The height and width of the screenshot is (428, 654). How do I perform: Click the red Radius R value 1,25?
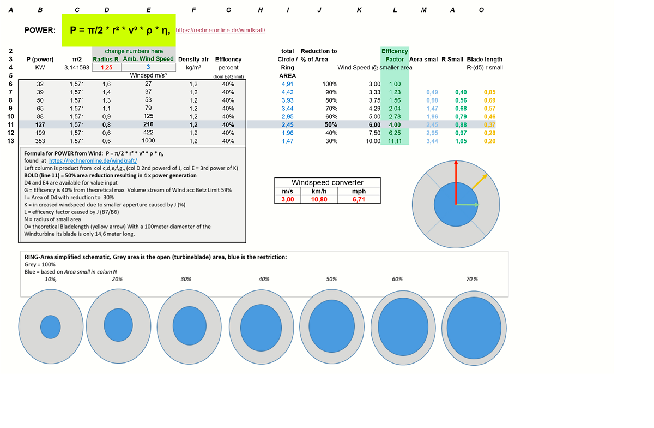[x=106, y=67]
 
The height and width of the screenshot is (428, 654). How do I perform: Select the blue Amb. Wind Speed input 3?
[x=148, y=67]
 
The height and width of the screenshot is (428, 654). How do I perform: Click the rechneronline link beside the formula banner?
[x=221, y=31]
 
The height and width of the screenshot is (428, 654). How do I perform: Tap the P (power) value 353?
[x=40, y=141]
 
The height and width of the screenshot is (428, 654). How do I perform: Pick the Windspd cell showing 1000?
[x=148, y=141]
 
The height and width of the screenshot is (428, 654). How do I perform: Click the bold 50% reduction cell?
[x=331, y=124]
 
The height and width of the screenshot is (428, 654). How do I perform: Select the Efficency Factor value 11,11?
[x=395, y=141]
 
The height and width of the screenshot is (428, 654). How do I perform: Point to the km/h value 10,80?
[x=319, y=199]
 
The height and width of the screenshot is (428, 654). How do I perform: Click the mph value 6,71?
[x=359, y=199]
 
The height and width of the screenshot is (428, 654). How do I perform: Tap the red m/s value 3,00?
[x=287, y=199]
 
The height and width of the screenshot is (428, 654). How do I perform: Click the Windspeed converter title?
[x=327, y=182]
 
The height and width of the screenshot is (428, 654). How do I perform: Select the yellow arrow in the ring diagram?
[x=480, y=182]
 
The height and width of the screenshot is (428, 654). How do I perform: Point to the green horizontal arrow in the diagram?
[x=468, y=205]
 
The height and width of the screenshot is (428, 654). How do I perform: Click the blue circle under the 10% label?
[x=51, y=326]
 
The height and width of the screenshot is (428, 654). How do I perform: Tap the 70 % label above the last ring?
[x=472, y=279]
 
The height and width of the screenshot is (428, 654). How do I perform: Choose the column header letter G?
[x=228, y=10]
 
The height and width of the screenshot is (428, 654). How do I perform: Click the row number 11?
[x=10, y=124]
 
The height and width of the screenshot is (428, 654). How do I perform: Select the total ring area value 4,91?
[x=287, y=84]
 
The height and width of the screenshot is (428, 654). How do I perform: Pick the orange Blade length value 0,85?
[x=489, y=92]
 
